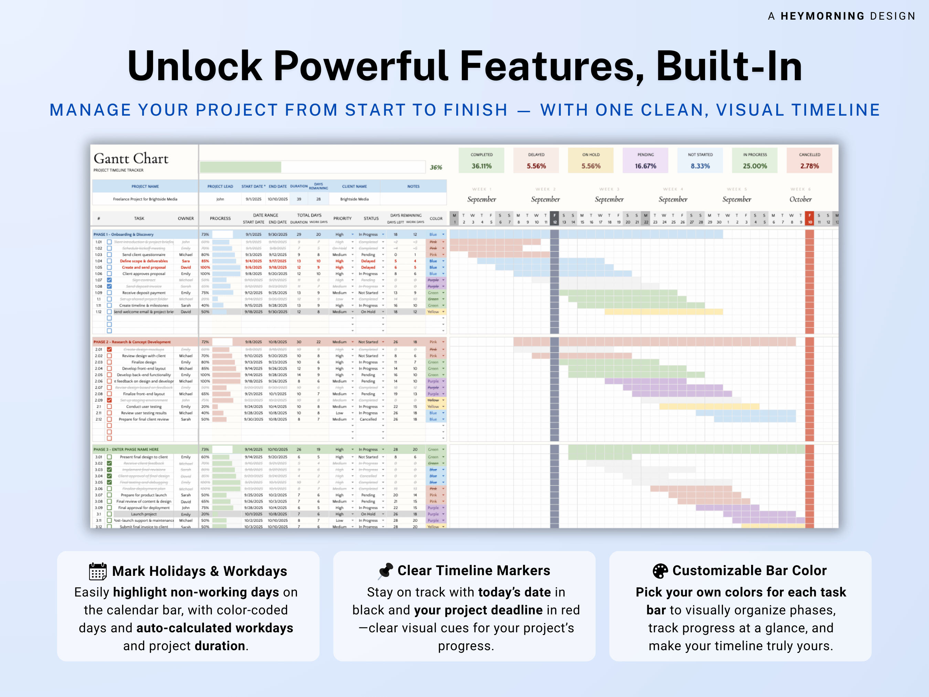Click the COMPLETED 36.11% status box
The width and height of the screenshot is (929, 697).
(x=481, y=160)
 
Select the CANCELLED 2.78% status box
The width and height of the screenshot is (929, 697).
(x=809, y=160)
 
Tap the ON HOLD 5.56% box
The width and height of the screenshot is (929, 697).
(x=590, y=160)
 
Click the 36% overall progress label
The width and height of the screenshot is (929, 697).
(x=436, y=167)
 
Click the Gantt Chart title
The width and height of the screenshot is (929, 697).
(x=131, y=159)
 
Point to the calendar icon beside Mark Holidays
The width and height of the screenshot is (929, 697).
(x=98, y=571)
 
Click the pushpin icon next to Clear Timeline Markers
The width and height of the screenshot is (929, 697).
(x=386, y=571)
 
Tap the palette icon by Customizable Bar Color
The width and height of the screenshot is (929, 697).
(x=660, y=571)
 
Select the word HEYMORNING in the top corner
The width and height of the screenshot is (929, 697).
(x=822, y=16)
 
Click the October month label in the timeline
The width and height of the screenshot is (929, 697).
(x=800, y=199)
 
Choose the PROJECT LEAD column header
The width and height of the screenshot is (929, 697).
(x=220, y=187)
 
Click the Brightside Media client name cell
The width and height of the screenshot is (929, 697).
(x=354, y=199)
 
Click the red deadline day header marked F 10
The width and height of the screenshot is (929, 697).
(x=809, y=219)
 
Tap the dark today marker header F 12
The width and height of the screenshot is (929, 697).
(x=554, y=219)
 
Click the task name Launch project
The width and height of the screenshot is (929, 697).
(x=143, y=514)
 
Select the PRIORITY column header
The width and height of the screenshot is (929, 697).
(x=342, y=219)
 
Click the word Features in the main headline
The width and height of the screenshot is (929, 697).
(x=552, y=66)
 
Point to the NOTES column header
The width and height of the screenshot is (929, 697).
(x=413, y=187)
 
